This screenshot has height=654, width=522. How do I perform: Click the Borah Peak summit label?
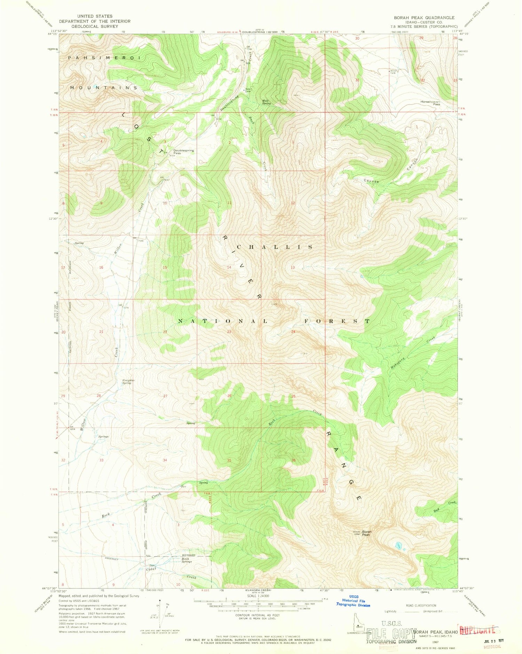tap(367, 533)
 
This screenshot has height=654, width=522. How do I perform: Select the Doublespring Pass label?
tap(184, 152)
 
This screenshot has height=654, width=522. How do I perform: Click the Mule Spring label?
tap(266, 102)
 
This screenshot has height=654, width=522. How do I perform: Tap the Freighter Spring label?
tap(128, 381)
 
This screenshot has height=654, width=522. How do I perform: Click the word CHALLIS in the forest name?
tap(275, 247)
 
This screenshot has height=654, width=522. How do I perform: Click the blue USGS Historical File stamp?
tap(353, 600)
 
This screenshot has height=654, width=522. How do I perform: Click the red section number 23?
tap(229, 332)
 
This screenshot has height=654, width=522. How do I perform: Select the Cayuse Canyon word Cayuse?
tap(371, 181)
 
